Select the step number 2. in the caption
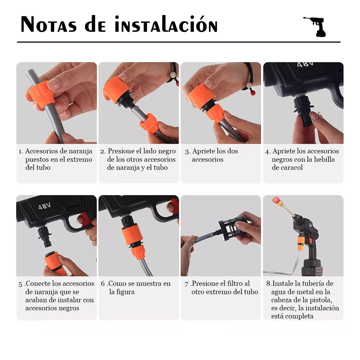[103, 151]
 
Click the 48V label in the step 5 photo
[44, 206]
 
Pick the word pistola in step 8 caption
[321, 300]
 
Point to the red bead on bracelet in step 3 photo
[253, 93]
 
